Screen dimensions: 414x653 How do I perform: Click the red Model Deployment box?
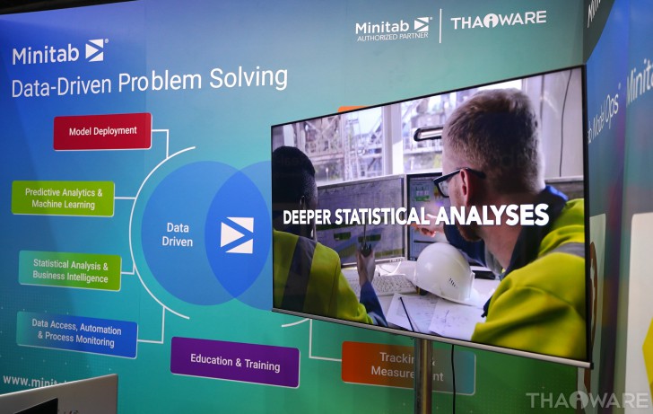pyautogui.click(x=102, y=131)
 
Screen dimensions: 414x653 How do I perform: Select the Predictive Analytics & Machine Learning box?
pyautogui.click(x=63, y=198)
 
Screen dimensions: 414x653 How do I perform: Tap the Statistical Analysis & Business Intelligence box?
pyautogui.click(x=70, y=270)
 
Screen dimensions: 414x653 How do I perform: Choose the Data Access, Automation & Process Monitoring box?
pyautogui.click(x=77, y=335)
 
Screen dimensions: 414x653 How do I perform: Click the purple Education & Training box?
pyautogui.click(x=235, y=362)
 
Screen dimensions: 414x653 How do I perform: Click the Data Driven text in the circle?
pyautogui.click(x=178, y=234)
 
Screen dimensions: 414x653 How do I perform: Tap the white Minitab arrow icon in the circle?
pyautogui.click(x=237, y=234)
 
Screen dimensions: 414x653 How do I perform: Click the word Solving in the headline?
pyautogui.click(x=248, y=79)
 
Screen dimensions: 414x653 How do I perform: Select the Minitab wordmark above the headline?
pyautogui.click(x=48, y=54)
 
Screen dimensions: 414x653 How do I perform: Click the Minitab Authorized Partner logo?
pyautogui.click(x=393, y=29)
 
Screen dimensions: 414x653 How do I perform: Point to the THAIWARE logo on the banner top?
pyautogui.click(x=498, y=21)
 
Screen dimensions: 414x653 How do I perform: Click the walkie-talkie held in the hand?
pyautogui.click(x=366, y=256)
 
